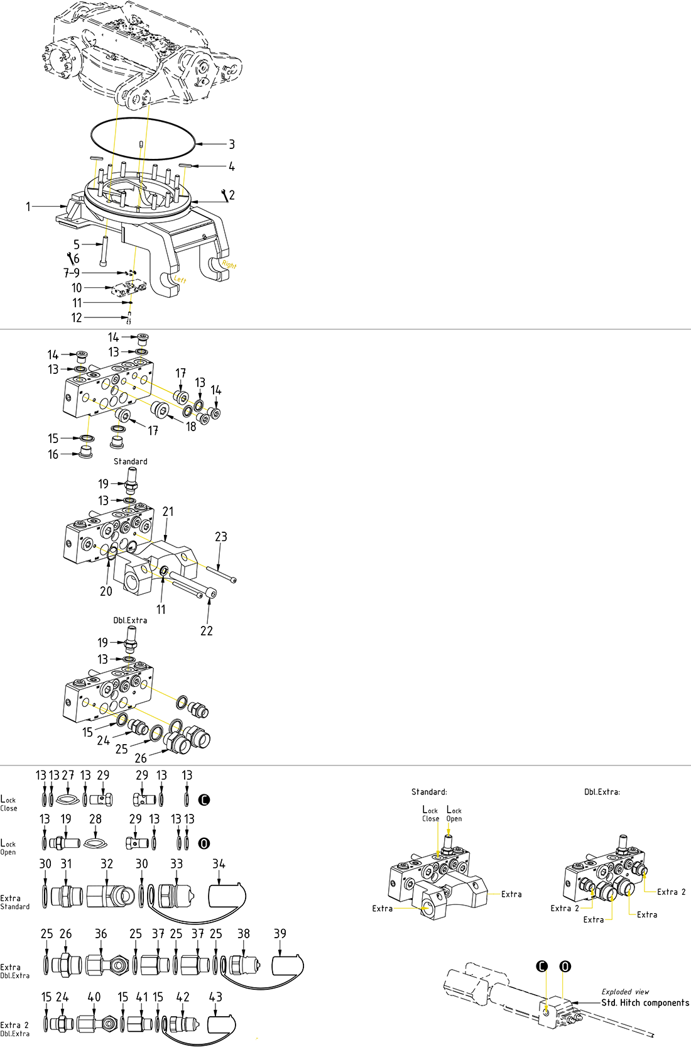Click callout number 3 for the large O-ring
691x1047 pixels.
(232, 145)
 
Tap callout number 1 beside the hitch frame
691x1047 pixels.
(28, 207)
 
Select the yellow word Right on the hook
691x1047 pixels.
(229, 265)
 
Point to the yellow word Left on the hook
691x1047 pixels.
(180, 279)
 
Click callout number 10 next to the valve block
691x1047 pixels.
(77, 288)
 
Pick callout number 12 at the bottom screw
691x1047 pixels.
(77, 318)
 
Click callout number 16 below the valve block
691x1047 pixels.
(53, 454)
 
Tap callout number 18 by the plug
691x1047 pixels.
(191, 427)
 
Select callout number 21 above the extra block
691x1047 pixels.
(168, 512)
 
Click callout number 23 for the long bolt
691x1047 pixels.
(221, 537)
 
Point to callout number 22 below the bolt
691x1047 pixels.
(207, 630)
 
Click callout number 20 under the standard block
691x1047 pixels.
(106, 591)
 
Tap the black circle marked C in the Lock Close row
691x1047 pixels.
(204, 800)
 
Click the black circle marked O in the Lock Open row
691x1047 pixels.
(204, 843)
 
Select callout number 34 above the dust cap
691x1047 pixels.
(219, 864)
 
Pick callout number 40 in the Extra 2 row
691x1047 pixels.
(94, 997)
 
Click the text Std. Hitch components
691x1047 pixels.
(645, 1002)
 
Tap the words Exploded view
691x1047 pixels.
(625, 992)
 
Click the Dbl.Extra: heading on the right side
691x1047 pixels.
(602, 792)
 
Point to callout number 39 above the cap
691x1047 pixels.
(280, 934)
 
